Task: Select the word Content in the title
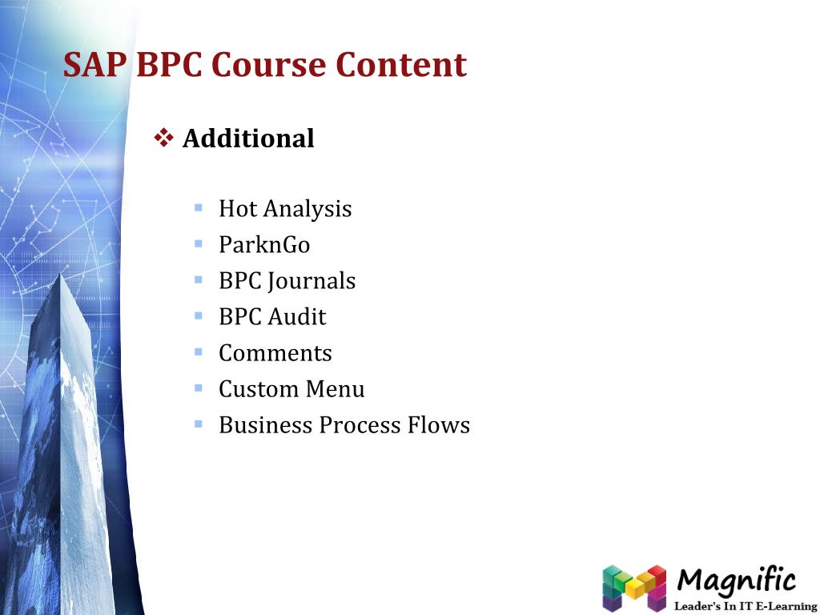401,65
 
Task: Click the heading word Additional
248,139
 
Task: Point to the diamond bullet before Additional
163,138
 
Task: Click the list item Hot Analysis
285,209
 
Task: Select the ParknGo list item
264,245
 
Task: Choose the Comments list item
275,353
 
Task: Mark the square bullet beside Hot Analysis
199,207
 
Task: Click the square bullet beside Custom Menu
199,388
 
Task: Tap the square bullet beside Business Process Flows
199,424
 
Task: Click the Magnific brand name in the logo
737,580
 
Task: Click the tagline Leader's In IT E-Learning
745,606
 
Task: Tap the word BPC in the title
170,65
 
